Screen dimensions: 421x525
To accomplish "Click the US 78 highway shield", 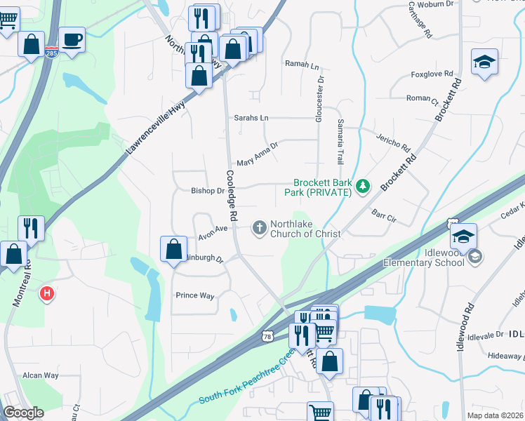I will click(267, 338).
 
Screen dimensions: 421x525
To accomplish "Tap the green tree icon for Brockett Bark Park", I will click(362, 186).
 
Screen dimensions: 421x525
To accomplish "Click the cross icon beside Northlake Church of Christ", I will click(259, 227).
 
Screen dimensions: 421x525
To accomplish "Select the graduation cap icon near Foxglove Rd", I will click(484, 62).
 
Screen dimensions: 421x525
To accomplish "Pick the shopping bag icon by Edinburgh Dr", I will click(173, 249).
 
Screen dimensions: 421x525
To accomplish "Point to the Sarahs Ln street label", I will click(251, 118).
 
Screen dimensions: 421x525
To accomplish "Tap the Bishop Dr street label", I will click(207, 190).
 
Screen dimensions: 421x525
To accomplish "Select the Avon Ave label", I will click(213, 228).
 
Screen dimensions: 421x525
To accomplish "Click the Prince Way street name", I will click(194, 295).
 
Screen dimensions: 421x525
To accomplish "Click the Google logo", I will click(23, 413).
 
